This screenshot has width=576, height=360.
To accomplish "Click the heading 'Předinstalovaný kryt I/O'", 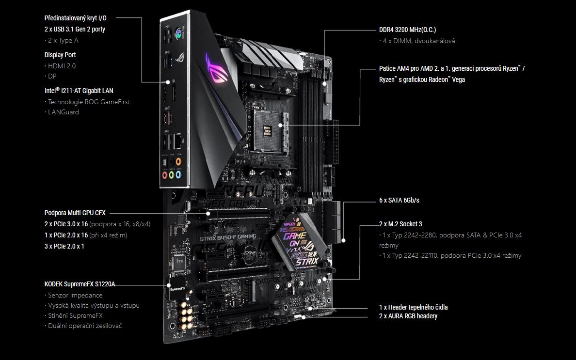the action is coord(75,18).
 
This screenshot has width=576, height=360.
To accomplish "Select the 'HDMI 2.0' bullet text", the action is coord(62,66).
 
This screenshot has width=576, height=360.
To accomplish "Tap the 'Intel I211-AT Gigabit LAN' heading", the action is coord(79,91).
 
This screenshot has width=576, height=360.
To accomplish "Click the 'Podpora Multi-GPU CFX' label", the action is coord(75,213).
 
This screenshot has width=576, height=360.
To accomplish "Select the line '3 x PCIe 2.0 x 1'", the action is coord(64,246).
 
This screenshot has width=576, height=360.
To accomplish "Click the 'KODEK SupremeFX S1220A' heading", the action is coord(80,284).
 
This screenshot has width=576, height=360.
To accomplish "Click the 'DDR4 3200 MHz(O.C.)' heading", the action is coord(407,30).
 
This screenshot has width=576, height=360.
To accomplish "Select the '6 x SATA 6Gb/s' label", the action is coord(399,201).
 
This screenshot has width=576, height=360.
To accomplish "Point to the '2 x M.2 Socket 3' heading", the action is coord(400,224).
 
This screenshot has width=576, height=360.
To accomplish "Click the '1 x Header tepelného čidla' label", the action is coord(413,307).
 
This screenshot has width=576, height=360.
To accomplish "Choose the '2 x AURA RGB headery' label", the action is coord(408,316).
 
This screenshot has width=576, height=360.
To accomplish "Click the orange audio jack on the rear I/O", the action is coord(178,161).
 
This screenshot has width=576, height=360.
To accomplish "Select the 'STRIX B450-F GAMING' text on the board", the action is coord(228,238).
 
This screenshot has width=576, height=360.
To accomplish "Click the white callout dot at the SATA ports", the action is coord(343,240).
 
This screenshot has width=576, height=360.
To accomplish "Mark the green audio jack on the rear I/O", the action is coord(172,175).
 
